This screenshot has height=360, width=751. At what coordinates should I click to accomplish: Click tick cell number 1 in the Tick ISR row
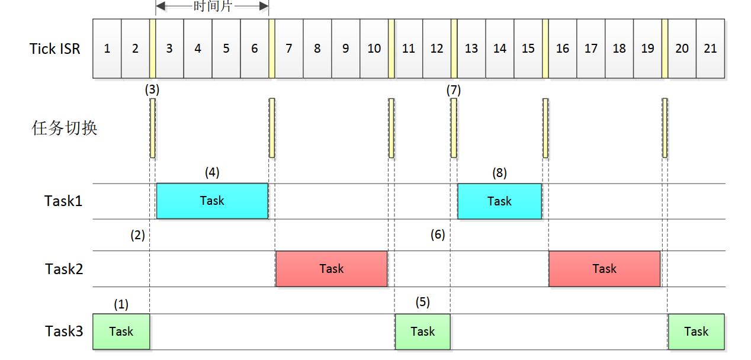click(x=107, y=49)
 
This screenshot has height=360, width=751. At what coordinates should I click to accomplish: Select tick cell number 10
click(x=374, y=49)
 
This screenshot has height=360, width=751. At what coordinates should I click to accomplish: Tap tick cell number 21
click(x=710, y=49)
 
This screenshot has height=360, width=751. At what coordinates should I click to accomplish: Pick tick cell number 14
click(x=500, y=49)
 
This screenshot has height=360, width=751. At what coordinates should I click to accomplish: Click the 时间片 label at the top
click(x=212, y=7)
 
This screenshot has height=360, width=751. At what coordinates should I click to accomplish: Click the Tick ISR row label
click(x=55, y=49)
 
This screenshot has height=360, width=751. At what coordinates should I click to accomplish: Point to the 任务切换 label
click(x=64, y=128)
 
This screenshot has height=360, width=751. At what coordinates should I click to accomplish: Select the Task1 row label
click(x=63, y=201)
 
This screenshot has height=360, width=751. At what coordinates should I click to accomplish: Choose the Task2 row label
click(x=64, y=269)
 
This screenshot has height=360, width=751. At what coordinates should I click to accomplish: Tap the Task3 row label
click(x=64, y=331)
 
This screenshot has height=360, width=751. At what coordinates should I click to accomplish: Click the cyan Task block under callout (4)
click(x=212, y=201)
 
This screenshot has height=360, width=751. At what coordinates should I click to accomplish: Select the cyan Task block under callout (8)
click(x=499, y=201)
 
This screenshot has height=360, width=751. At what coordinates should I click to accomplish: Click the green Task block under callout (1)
click(x=121, y=332)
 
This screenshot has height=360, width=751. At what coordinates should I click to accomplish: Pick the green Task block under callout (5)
click(x=422, y=332)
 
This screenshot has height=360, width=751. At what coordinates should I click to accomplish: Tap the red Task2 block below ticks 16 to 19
click(x=604, y=269)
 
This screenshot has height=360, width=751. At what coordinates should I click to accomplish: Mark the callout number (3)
click(x=152, y=91)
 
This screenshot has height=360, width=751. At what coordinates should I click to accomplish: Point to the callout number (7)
click(x=453, y=91)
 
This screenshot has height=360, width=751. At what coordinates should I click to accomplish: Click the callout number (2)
click(x=137, y=235)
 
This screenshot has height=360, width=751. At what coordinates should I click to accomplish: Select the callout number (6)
click(x=438, y=235)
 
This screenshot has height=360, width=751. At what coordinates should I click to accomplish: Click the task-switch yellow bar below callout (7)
click(x=454, y=128)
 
